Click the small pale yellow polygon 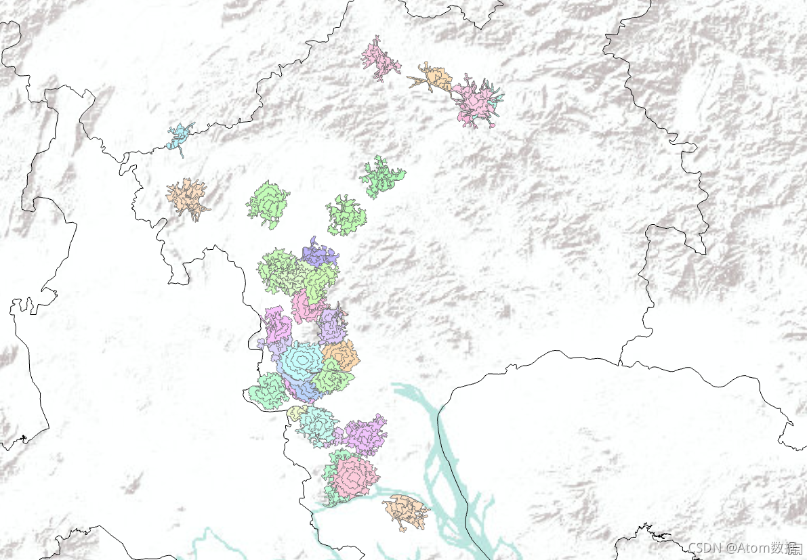(296, 412)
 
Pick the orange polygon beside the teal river (406, 512)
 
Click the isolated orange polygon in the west (186, 198)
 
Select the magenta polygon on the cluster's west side (278, 327)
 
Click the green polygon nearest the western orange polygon (268, 203)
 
